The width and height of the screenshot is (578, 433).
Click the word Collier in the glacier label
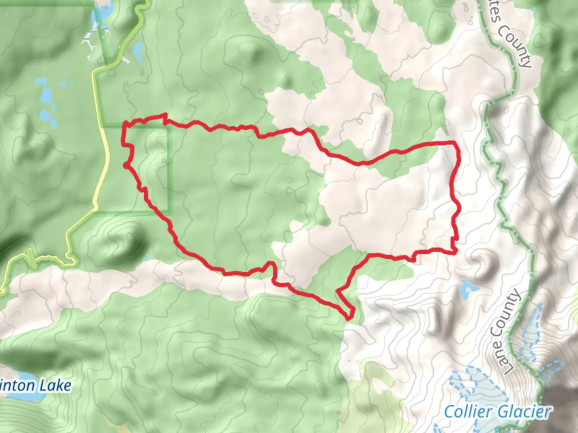(468, 412)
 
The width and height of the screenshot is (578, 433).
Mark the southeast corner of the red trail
(455, 252)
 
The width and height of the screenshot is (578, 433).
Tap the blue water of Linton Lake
(20, 396)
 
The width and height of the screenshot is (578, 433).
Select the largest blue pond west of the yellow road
(45, 96)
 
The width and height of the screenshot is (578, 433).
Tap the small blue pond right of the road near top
(138, 51)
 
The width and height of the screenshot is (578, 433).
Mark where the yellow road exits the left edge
(2, 289)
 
